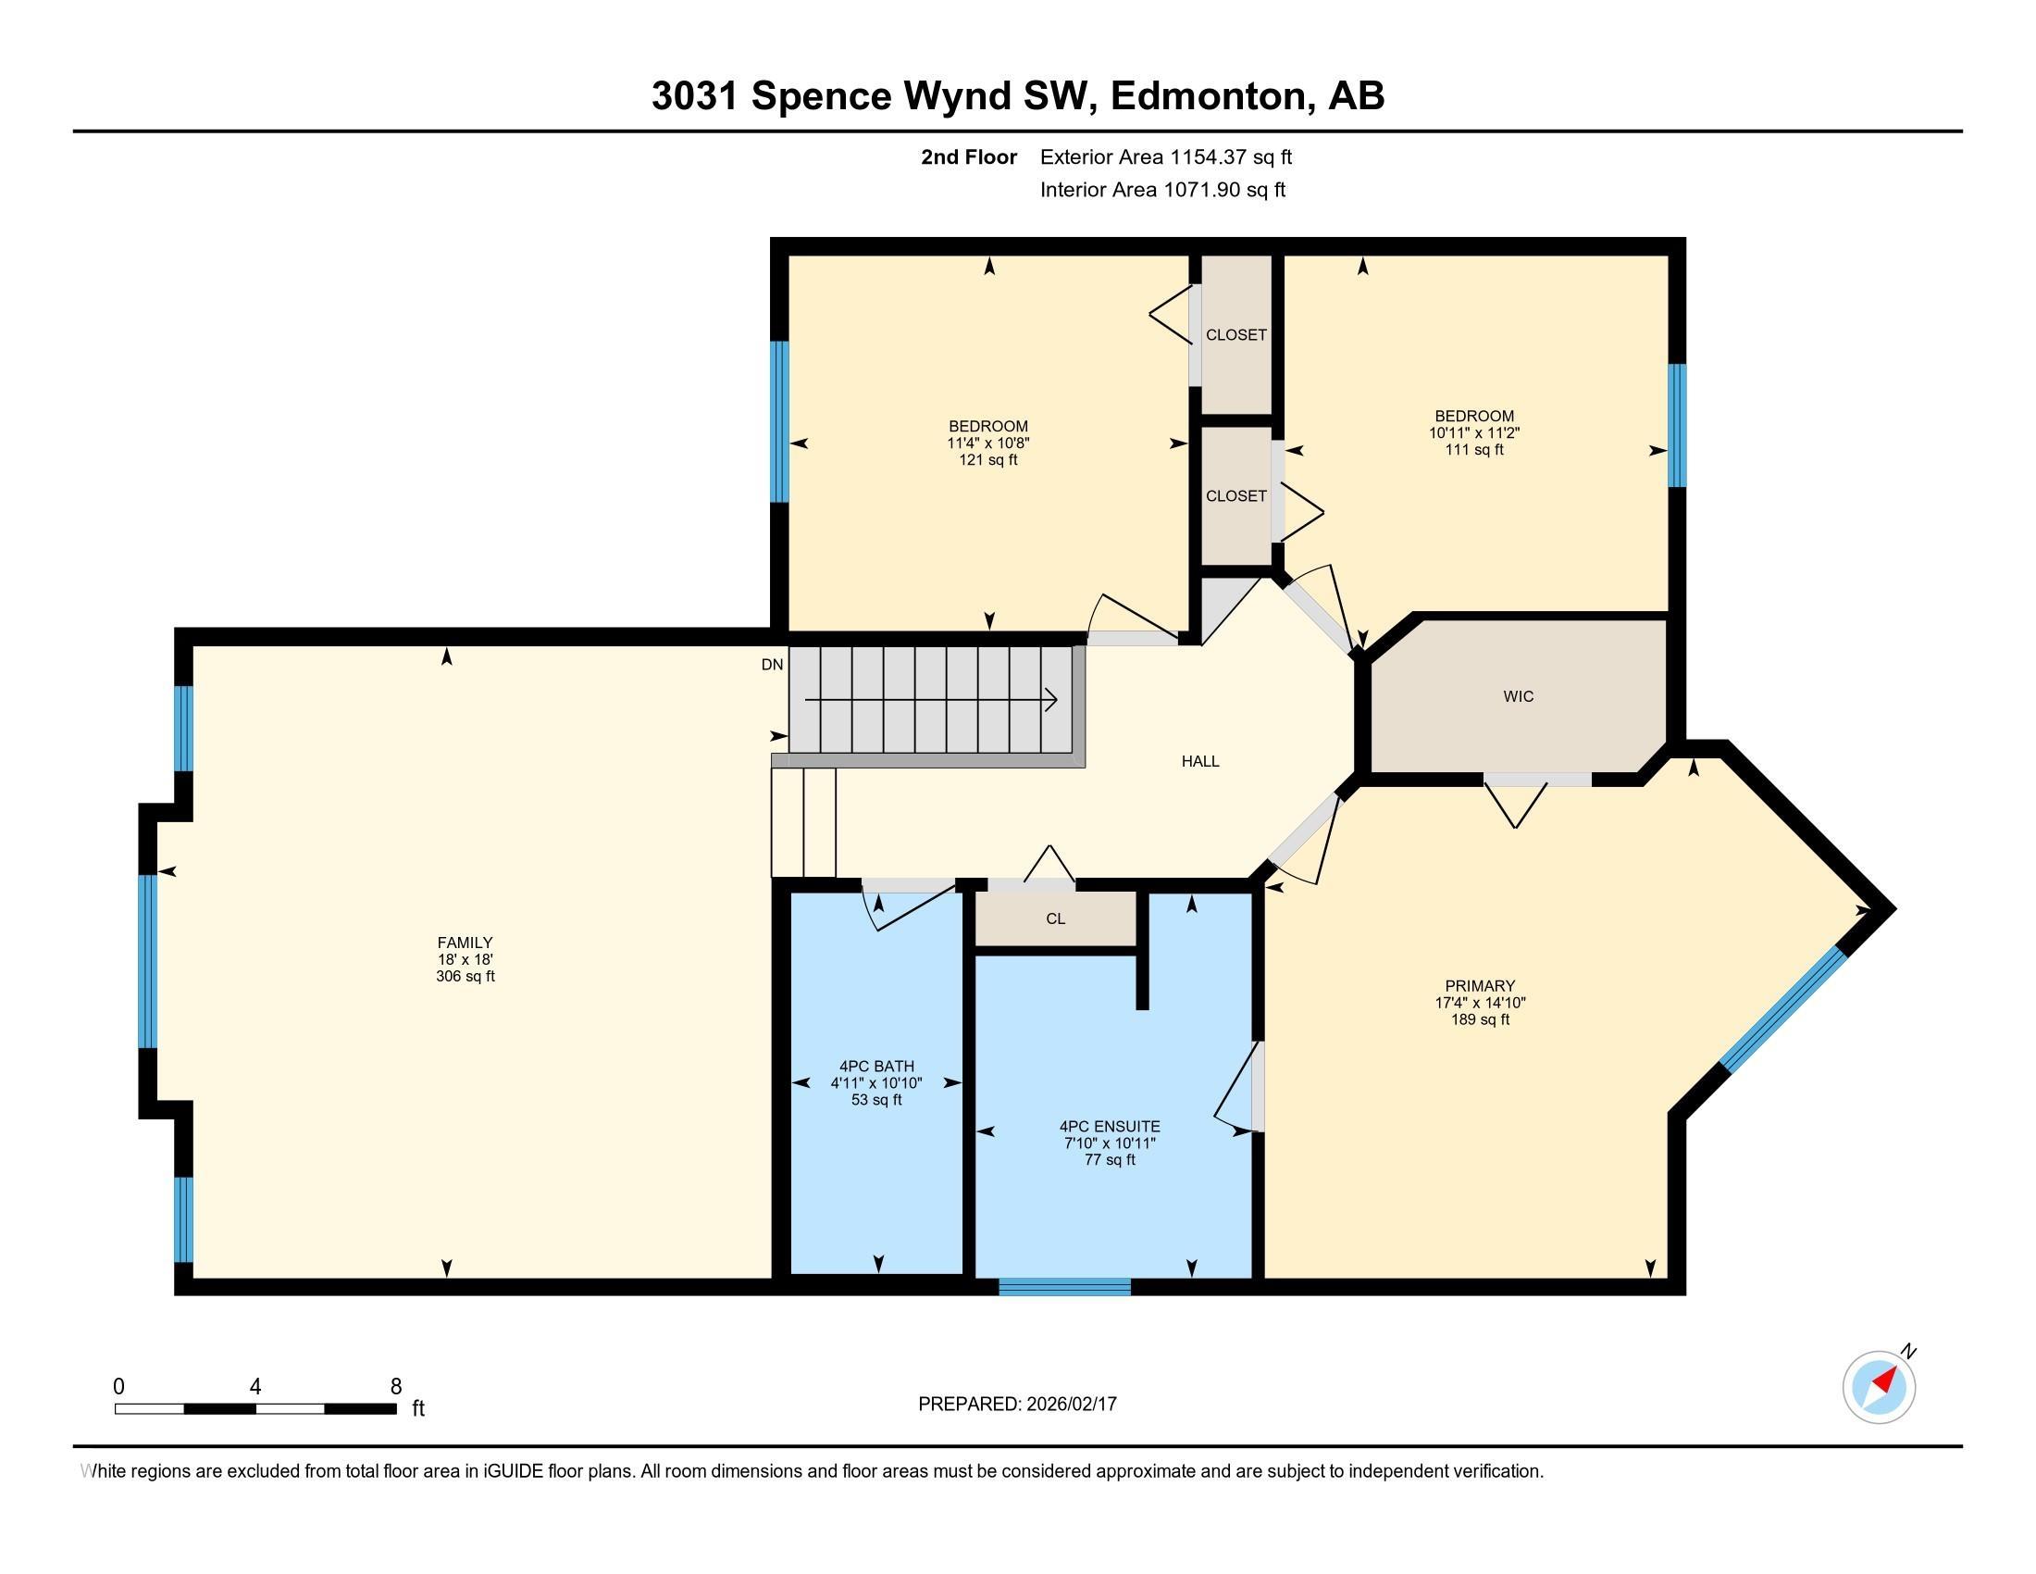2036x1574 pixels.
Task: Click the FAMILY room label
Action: (465, 942)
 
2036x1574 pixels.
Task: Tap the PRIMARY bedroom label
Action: (1480, 986)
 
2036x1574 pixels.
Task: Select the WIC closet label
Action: (1518, 696)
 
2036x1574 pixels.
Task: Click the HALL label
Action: (1199, 761)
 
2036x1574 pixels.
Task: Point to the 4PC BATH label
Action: (876, 1066)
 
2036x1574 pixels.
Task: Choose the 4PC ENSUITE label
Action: (1110, 1127)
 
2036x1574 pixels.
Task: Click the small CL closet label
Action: (1054, 918)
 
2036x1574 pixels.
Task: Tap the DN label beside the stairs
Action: (772, 665)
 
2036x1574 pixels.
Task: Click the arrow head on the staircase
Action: (1051, 699)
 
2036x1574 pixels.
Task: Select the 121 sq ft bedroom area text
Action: (988, 460)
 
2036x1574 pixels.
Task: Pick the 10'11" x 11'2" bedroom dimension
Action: (1473, 432)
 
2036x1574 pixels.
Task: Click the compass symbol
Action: (1879, 1387)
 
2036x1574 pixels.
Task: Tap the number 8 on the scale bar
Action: (396, 1387)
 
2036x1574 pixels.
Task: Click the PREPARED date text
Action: (1017, 1405)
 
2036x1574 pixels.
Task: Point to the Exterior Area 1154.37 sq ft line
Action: (1165, 156)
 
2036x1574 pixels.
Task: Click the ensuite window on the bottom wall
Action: (1064, 1287)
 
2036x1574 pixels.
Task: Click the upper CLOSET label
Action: (1235, 335)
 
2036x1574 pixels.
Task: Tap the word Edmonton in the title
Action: (1208, 95)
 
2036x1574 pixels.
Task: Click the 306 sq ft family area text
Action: (465, 976)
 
